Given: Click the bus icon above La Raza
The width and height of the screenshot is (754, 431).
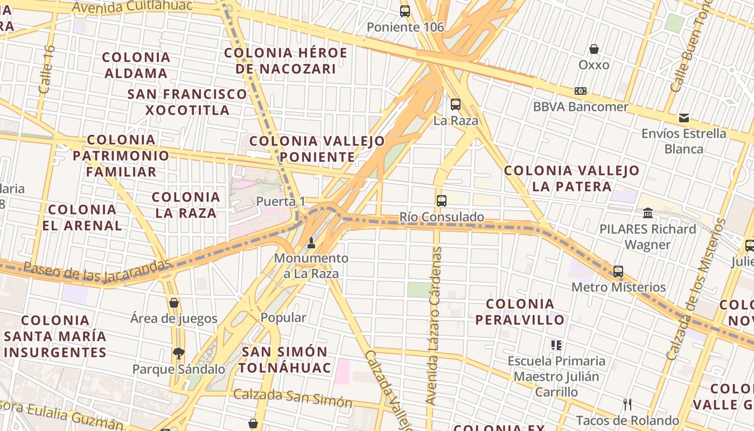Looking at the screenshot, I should (x=456, y=105).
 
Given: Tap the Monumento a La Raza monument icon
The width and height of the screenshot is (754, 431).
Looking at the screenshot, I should (x=311, y=243).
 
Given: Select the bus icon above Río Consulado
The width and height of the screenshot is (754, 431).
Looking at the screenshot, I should (x=442, y=201).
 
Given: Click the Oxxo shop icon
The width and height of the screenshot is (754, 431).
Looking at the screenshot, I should (x=594, y=49).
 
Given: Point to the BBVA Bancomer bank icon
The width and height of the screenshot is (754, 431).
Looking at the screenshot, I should (x=581, y=91).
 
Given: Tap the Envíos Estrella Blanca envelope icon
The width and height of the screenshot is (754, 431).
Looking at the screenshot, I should (x=684, y=117).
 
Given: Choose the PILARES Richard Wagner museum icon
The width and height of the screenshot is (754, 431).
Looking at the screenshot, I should (x=648, y=213).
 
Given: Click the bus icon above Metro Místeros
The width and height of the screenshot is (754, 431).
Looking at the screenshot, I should (x=618, y=271).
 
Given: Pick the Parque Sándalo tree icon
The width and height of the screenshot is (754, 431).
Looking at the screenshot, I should (x=179, y=353).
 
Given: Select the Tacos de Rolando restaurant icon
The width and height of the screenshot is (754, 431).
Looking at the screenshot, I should (x=627, y=404).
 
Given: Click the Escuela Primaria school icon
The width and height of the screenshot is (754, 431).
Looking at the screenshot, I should (x=556, y=345).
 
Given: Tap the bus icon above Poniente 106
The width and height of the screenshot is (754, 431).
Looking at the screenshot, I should (x=405, y=11).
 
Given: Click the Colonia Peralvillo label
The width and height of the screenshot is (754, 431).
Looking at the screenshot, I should (x=520, y=312).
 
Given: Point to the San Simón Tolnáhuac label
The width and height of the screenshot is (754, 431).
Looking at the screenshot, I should (x=284, y=360).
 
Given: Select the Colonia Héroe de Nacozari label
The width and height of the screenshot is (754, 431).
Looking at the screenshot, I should (x=285, y=61).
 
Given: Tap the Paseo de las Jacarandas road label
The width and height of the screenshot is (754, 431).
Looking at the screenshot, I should (x=97, y=269).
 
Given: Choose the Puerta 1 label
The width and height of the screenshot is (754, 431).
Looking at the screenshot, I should (x=281, y=201).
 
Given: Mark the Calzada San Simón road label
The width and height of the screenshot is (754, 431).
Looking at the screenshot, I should (x=292, y=399).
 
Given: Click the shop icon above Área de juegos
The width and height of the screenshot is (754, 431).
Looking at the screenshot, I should (x=173, y=303).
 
